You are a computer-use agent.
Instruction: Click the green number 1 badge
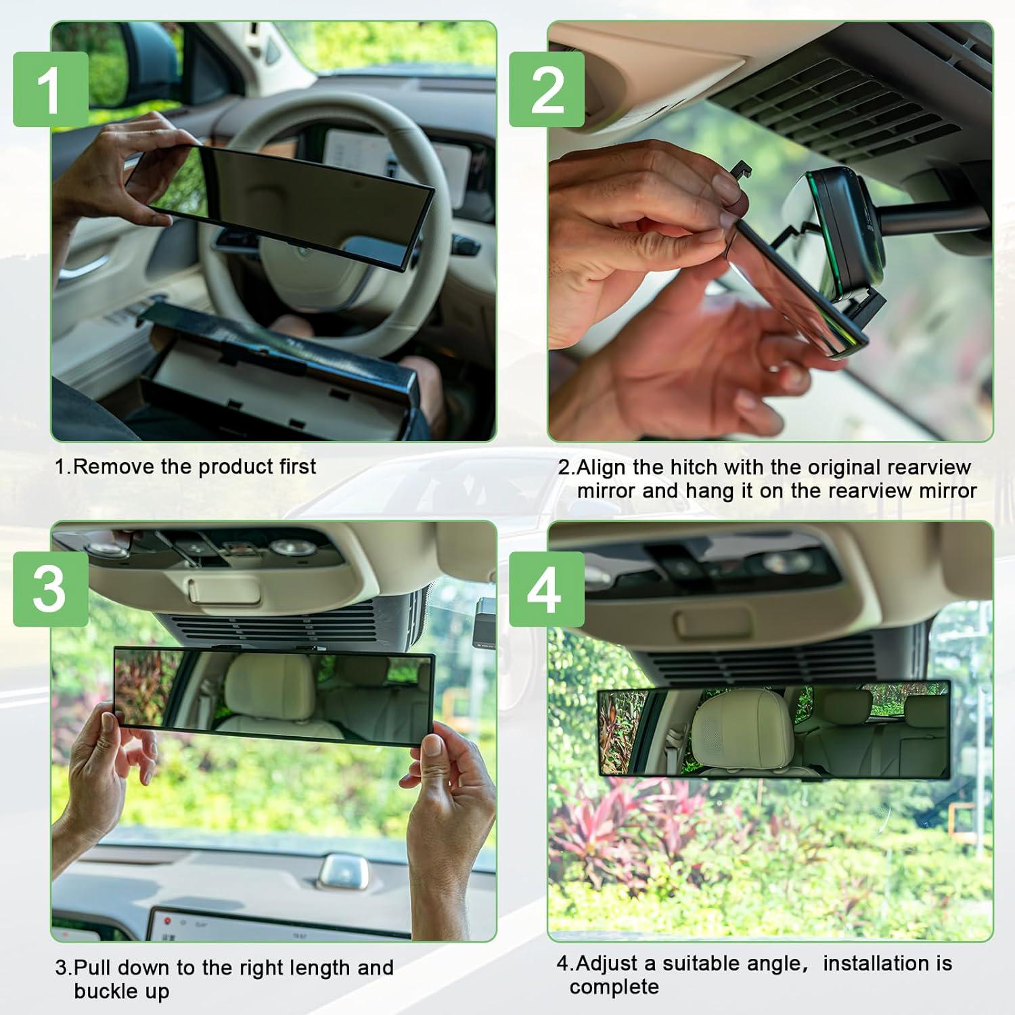tap(51, 89)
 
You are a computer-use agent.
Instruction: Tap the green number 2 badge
tap(547, 89)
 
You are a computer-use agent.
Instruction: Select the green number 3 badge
tap(51, 589)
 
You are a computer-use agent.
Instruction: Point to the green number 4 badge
tap(547, 589)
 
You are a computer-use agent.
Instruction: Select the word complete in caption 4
tap(614, 987)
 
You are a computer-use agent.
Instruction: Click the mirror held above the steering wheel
tap(284, 203)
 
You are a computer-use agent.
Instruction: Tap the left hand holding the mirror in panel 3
tap(101, 765)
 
